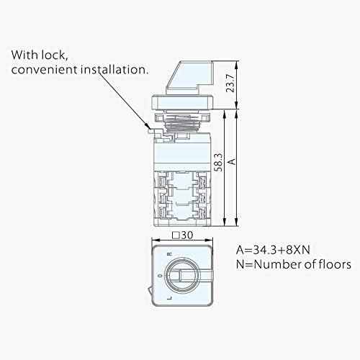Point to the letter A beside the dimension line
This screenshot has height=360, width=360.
tap(231, 161)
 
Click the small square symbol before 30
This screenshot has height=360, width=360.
tap(175, 235)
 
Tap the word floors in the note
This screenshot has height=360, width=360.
tap(332, 265)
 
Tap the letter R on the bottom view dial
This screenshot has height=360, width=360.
tap(169, 255)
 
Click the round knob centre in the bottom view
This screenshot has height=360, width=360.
tap(182, 277)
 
